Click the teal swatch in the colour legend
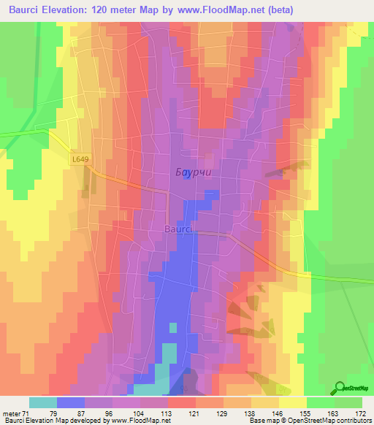point(43,403)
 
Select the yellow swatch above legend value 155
point(293,403)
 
